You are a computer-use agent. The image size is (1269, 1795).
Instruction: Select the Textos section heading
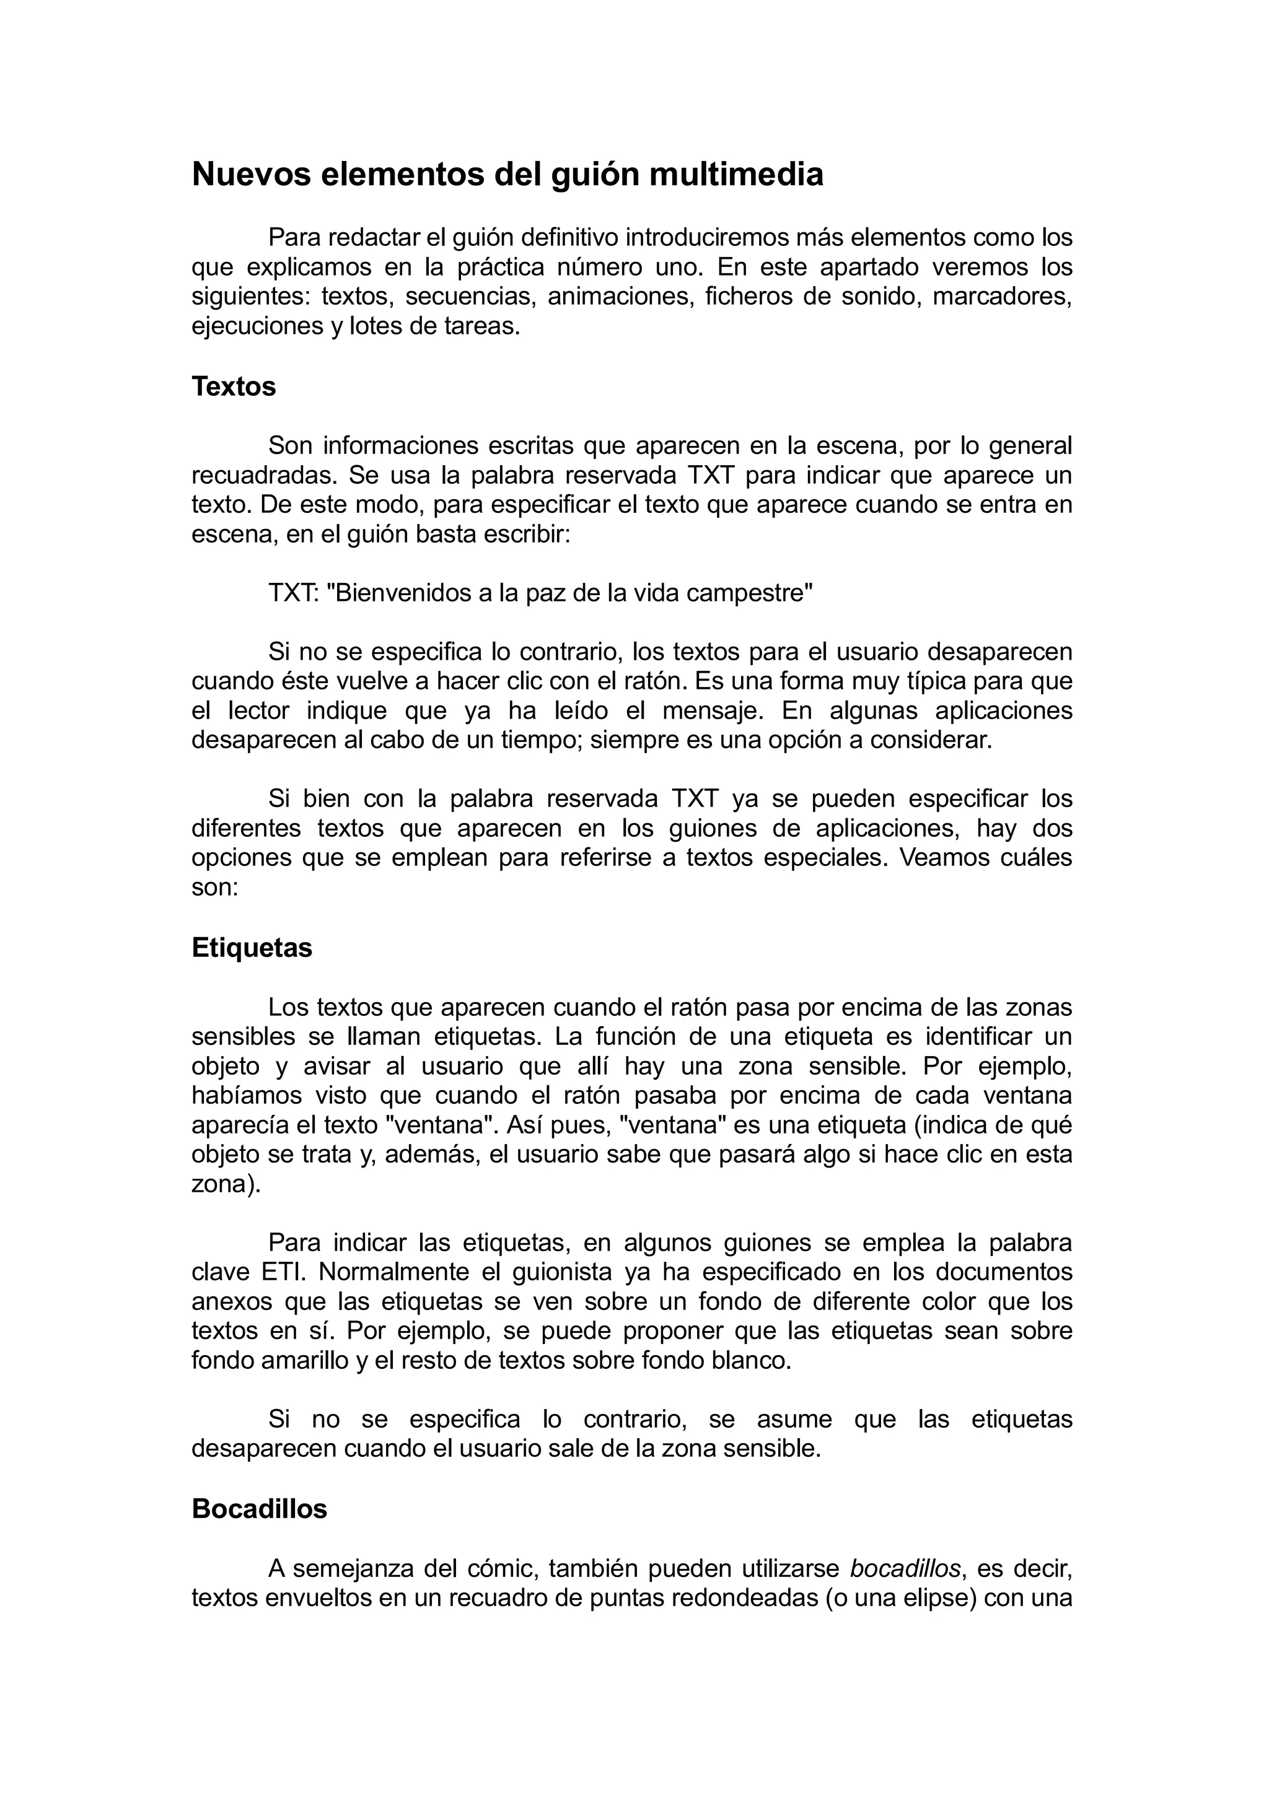click(x=234, y=387)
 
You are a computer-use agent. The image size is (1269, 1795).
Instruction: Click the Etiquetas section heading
click(x=252, y=948)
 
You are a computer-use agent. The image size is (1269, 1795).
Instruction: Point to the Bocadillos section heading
click(x=260, y=1509)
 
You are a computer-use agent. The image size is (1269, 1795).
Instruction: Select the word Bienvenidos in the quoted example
click(x=400, y=593)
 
